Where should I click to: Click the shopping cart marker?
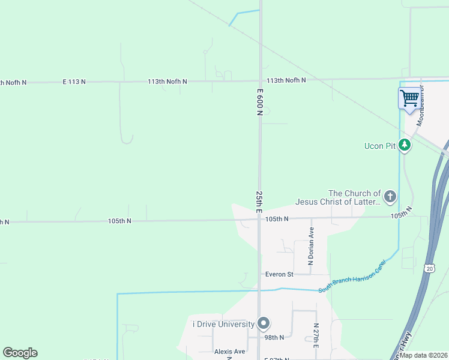[409, 98]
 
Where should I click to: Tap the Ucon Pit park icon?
[405, 145]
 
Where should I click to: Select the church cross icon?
[390, 196]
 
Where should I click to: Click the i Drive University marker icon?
[264, 323]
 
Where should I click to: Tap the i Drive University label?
[223, 324]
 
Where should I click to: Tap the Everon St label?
[279, 274]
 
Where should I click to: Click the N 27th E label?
[316, 335]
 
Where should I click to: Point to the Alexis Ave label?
[230, 352]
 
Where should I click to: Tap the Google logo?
[20, 353]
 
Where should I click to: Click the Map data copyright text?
[423, 355]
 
